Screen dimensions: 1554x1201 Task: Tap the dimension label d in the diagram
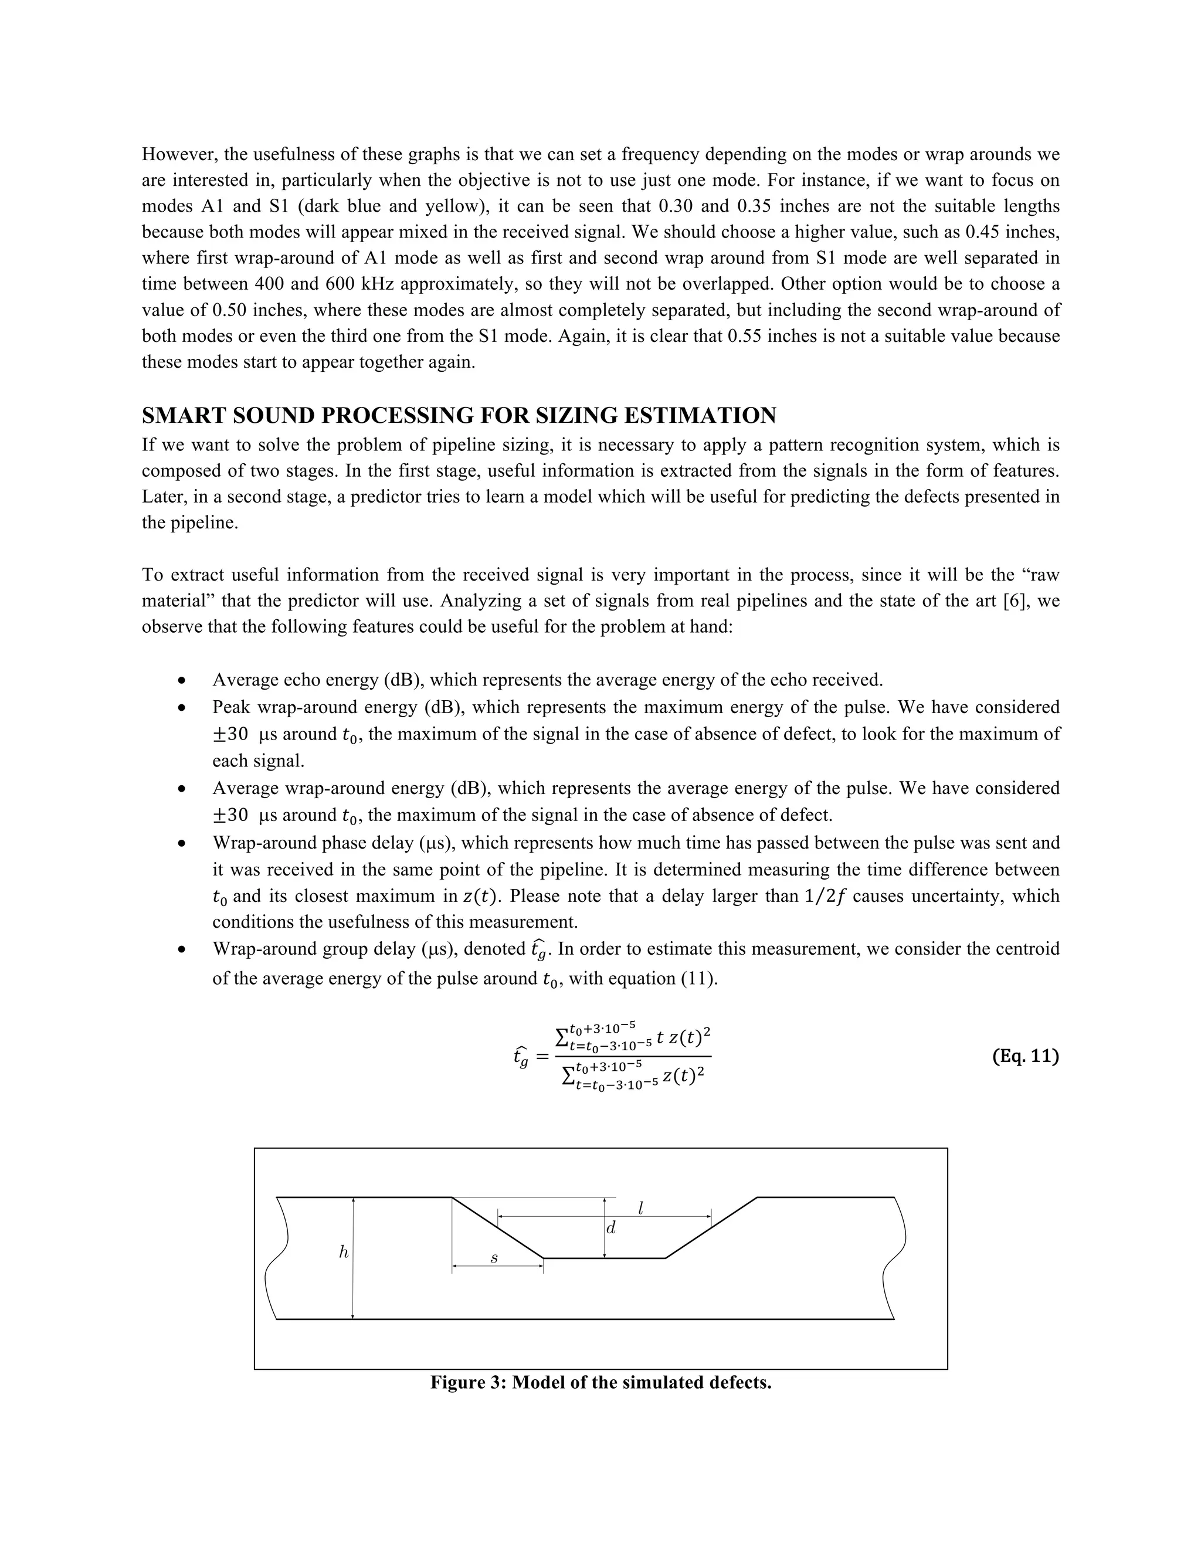coord(610,1228)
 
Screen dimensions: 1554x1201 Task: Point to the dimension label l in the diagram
coord(641,1207)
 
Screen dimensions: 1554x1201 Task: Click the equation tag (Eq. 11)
coord(1024,1056)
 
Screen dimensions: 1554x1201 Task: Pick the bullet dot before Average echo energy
coord(183,681)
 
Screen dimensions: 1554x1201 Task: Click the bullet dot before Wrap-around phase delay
coord(183,844)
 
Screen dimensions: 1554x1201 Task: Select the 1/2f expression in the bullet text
coord(825,896)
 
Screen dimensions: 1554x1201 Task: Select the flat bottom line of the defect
coord(604,1258)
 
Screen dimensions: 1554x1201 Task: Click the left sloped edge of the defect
coord(497,1227)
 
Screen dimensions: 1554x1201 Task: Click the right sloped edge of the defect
coord(711,1227)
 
